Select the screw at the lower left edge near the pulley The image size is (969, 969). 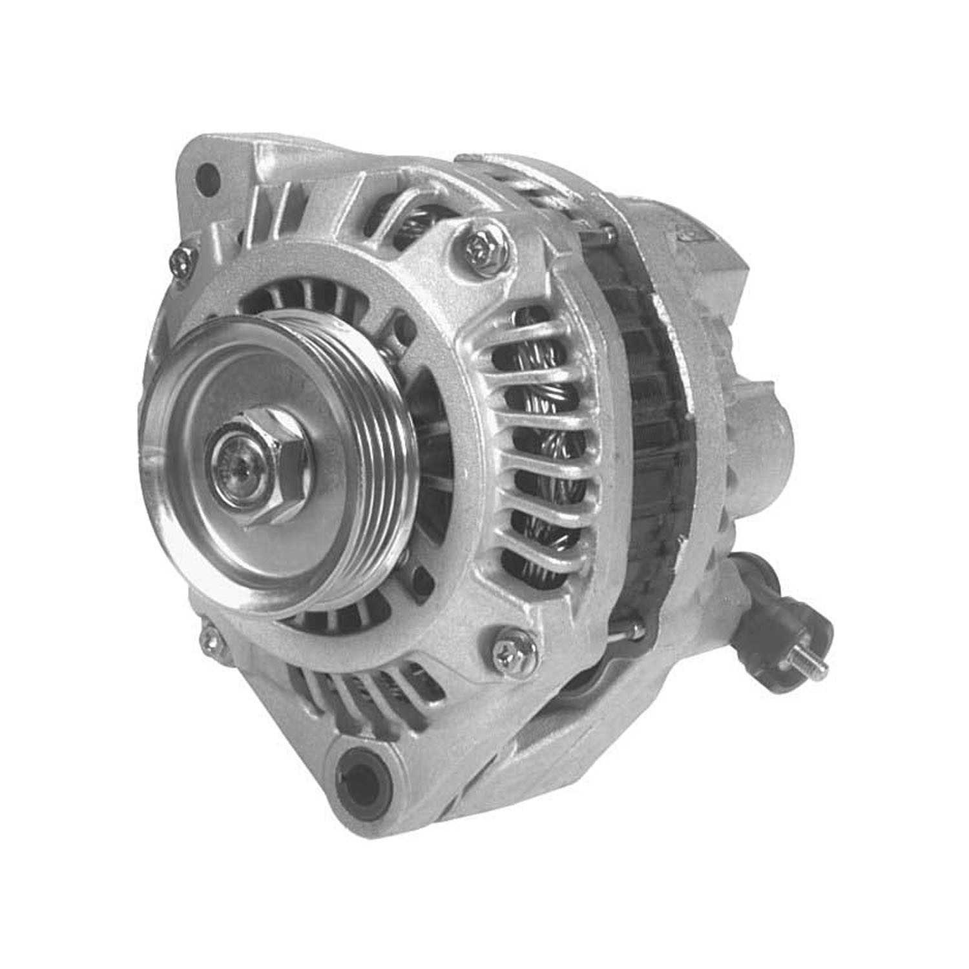tap(208, 641)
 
